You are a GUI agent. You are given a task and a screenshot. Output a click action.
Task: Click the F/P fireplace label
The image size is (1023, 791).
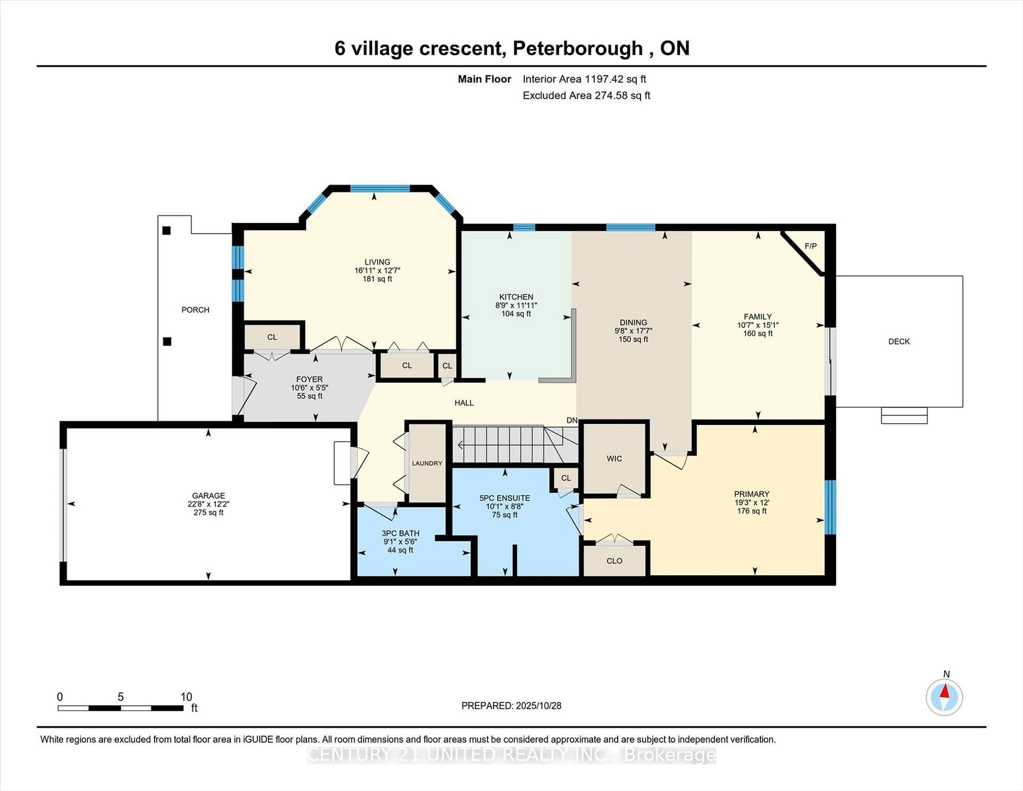tap(810, 246)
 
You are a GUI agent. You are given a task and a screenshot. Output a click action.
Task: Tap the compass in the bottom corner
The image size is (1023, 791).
tap(944, 697)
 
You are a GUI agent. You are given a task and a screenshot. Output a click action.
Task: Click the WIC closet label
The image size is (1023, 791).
tap(614, 458)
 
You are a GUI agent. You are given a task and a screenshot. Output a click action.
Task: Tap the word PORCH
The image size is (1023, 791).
tap(195, 310)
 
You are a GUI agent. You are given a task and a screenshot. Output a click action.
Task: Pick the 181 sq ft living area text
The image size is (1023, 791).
tap(377, 279)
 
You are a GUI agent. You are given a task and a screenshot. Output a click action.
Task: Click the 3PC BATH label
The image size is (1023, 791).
tap(400, 533)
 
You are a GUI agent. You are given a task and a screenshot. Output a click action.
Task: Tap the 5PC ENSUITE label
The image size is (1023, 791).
tap(505, 498)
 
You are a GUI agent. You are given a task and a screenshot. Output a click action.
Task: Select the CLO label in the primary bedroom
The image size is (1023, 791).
tap(614, 561)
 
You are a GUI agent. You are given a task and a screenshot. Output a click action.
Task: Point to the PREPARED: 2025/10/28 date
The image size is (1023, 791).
tap(511, 706)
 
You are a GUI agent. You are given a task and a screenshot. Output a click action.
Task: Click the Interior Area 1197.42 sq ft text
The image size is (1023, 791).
tap(584, 79)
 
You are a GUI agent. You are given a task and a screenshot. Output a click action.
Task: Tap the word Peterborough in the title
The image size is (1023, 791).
tap(578, 48)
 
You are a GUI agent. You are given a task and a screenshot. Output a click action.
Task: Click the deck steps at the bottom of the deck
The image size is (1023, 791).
tap(904, 416)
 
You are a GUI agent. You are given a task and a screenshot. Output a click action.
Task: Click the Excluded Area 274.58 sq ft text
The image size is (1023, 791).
tap(586, 96)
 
